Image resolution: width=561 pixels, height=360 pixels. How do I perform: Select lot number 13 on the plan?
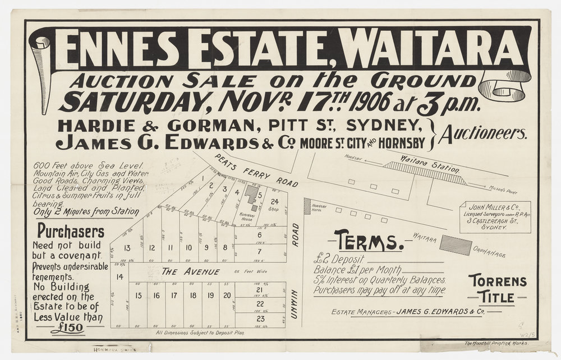pyautogui.click(x=127, y=248)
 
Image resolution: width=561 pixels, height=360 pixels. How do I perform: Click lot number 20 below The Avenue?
pyautogui.click(x=227, y=295)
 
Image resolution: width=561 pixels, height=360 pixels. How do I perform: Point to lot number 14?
pyautogui.click(x=119, y=276)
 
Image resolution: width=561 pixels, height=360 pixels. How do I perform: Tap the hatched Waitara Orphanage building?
pyautogui.click(x=456, y=245)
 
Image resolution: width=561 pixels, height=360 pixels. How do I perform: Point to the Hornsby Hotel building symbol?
pyautogui.click(x=307, y=206)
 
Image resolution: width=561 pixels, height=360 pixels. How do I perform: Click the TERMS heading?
pyautogui.click(x=368, y=242)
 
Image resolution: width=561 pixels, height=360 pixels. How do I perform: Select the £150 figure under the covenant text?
pyautogui.click(x=67, y=329)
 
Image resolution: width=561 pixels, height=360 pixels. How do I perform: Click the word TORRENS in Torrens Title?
pyautogui.click(x=498, y=280)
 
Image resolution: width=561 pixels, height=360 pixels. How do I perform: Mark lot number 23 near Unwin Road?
pyautogui.click(x=260, y=318)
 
